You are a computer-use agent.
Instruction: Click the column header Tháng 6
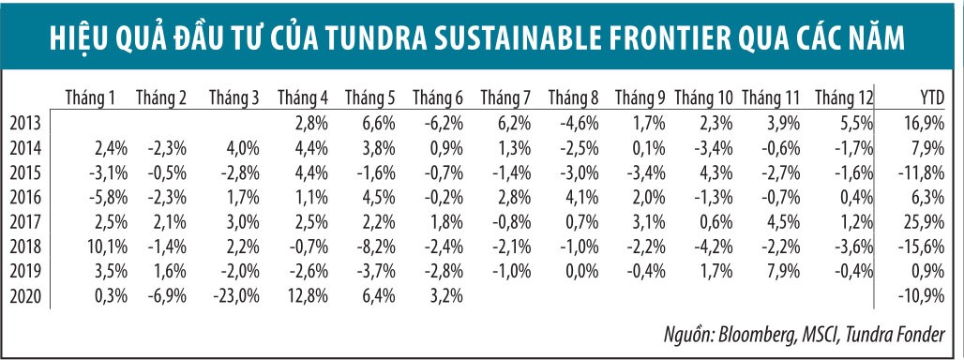437,97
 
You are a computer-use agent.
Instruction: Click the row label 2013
24,122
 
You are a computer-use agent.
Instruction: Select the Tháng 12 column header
843,97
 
